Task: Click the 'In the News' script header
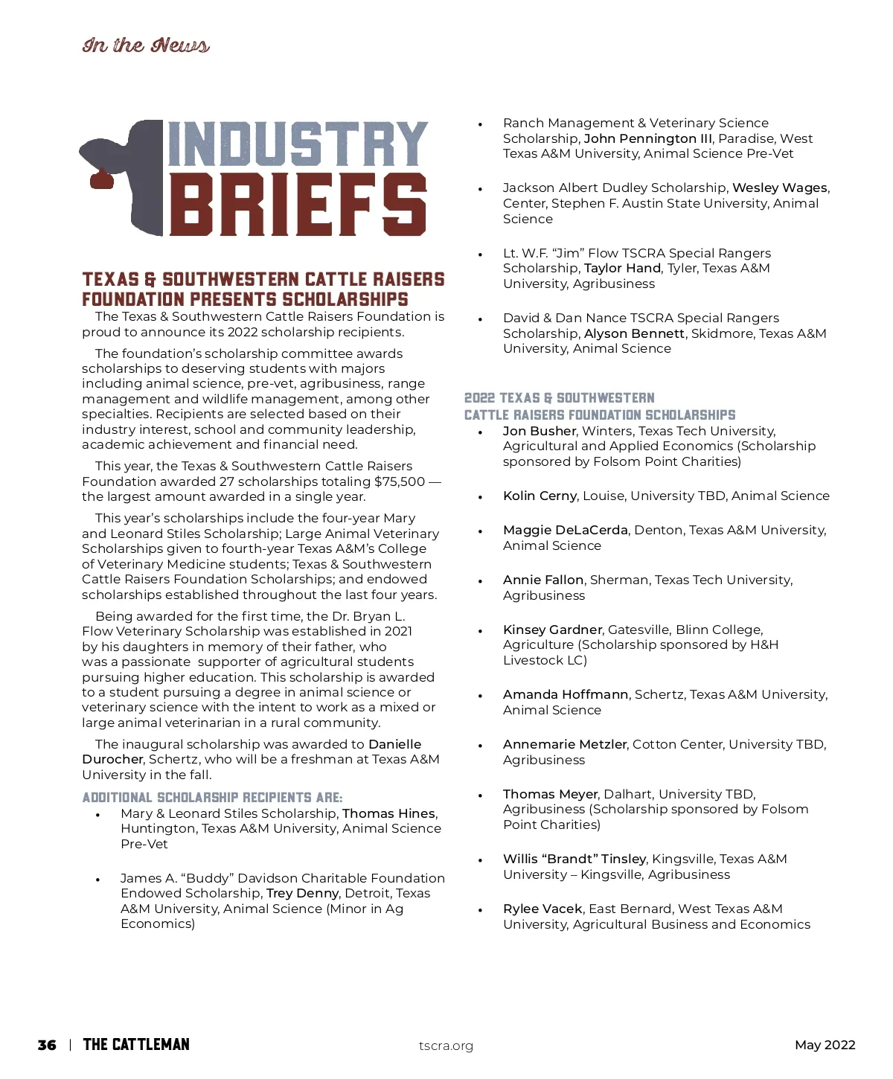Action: click(146, 45)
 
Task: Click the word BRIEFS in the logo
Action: click(298, 205)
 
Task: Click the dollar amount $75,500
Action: click(400, 481)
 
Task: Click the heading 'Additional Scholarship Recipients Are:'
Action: click(212, 797)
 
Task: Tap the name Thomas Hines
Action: click(389, 813)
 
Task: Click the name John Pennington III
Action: click(647, 138)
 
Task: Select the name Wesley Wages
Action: click(779, 188)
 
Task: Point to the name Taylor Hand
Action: click(622, 268)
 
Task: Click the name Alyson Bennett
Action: click(634, 333)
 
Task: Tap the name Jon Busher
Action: click(539, 431)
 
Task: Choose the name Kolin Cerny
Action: click(540, 496)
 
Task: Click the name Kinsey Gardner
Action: click(552, 630)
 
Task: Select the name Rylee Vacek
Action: click(542, 909)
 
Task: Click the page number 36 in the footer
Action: click(47, 1045)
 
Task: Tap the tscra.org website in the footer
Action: click(446, 1046)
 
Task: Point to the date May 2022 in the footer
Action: click(825, 1045)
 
